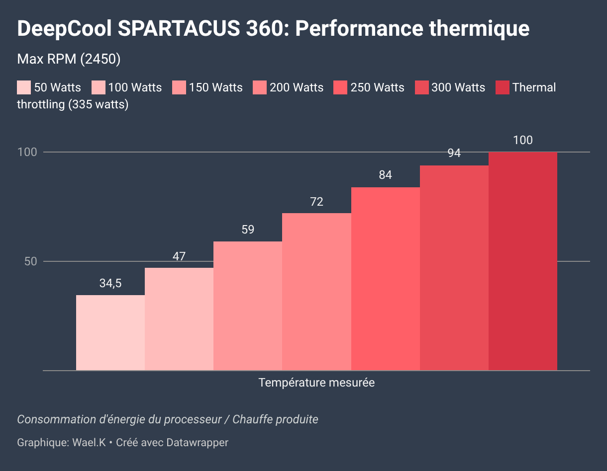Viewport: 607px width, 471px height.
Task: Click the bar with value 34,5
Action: (110, 332)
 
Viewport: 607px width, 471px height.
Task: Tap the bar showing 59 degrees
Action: (248, 306)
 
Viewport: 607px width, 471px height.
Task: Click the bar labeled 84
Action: (386, 279)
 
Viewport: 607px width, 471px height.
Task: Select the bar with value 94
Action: (454, 268)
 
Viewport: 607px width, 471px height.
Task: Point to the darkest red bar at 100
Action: (523, 261)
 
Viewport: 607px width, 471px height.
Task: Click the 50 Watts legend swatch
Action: (24, 88)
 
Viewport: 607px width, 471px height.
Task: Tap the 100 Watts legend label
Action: (135, 88)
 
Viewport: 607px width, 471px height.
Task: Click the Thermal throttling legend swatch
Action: (503, 88)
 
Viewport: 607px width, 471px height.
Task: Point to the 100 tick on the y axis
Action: (27, 152)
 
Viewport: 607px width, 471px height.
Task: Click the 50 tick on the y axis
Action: (31, 261)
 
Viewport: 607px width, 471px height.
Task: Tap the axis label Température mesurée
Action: (316, 383)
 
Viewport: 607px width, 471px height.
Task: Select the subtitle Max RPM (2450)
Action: (69, 59)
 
